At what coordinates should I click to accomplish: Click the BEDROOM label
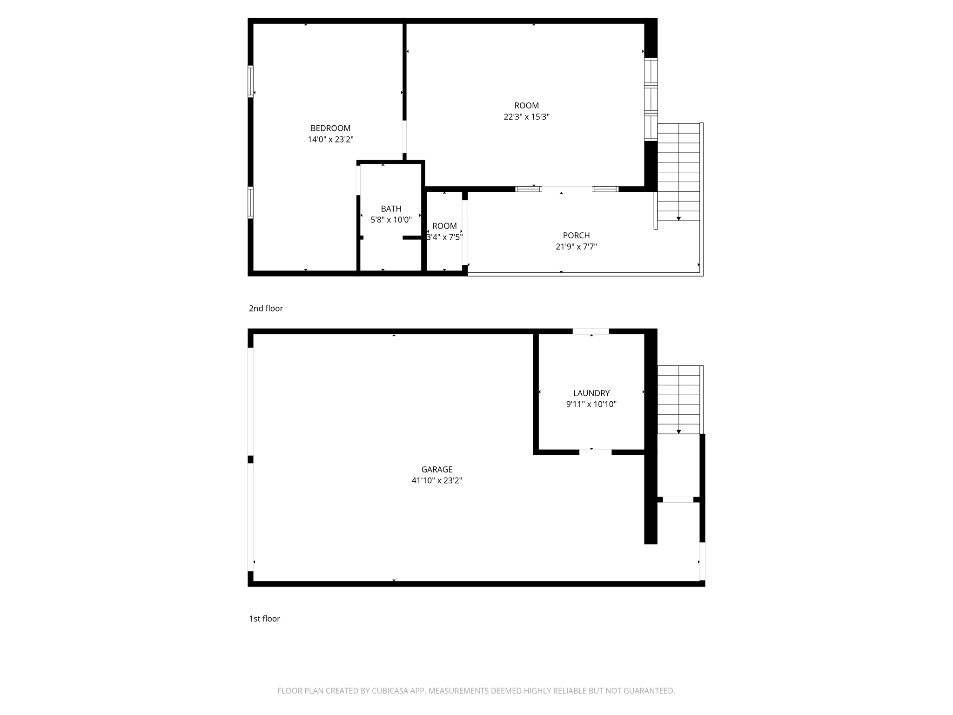tap(330, 128)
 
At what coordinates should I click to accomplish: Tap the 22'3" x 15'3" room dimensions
tap(526, 117)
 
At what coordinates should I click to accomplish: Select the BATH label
tap(391, 209)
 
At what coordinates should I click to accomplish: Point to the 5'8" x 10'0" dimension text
tap(391, 220)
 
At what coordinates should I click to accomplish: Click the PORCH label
tap(576, 236)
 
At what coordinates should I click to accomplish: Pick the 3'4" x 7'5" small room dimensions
tap(444, 237)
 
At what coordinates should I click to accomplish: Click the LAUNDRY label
tap(591, 393)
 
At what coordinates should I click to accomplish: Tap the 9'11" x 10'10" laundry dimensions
tap(591, 405)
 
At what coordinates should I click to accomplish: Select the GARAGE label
tap(436, 470)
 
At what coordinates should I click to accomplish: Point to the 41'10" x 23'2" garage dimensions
tap(436, 481)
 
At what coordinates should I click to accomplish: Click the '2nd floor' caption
tap(266, 308)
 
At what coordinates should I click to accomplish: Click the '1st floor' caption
tap(264, 619)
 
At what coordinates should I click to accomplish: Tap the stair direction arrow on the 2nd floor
tap(678, 218)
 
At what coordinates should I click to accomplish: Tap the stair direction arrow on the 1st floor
tap(678, 432)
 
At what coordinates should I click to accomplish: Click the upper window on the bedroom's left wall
tap(250, 81)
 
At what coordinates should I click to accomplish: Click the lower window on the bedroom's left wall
tap(250, 202)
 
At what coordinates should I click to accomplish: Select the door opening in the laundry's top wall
tap(591, 331)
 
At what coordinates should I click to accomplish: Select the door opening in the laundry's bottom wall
tap(595, 452)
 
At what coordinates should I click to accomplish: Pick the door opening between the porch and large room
tap(567, 189)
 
